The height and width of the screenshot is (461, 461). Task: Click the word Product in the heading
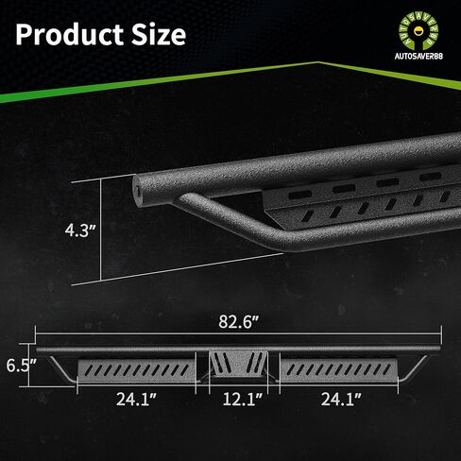pos(70,35)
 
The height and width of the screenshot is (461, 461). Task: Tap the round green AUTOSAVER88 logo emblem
pos(418,32)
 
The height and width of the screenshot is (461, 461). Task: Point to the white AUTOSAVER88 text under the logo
pos(418,56)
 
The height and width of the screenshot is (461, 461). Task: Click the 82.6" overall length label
pos(239,322)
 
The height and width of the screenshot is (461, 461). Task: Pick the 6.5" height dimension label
pos(21,366)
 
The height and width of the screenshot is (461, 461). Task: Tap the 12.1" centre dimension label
pos(243,400)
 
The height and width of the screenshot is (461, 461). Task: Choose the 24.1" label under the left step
pos(136,400)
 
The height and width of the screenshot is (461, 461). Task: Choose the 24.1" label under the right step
pos(341,400)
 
